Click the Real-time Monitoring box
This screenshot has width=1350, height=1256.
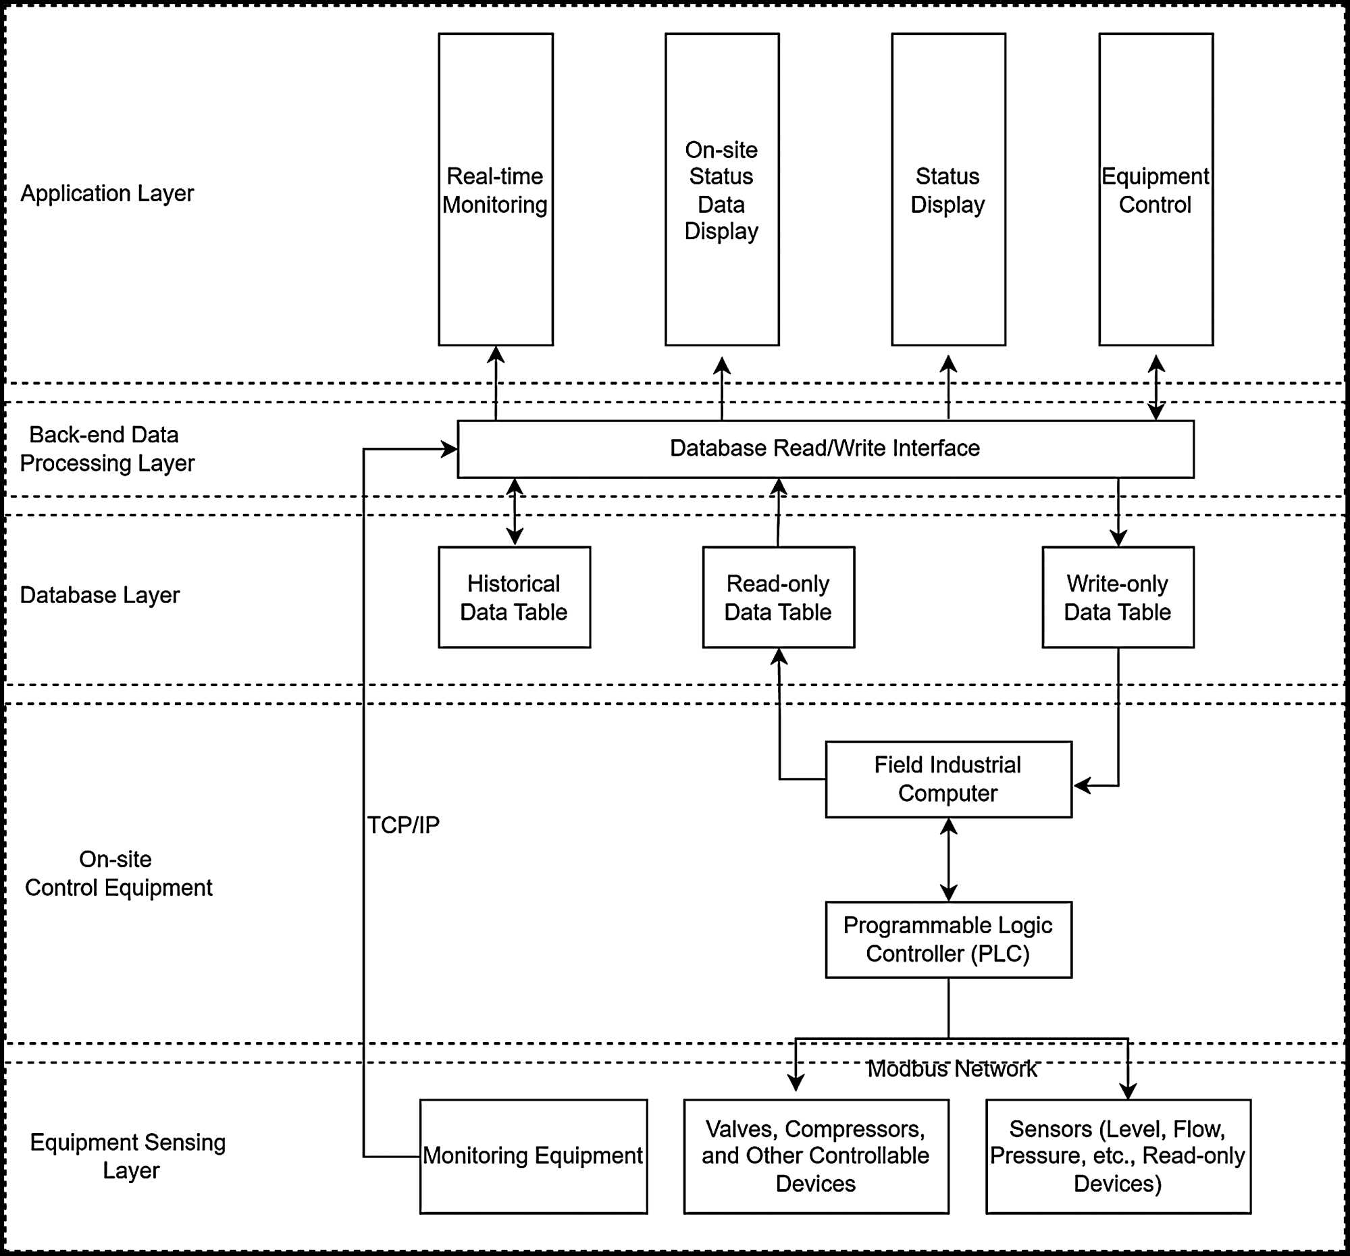(x=495, y=190)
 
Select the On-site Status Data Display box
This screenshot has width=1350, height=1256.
(x=721, y=190)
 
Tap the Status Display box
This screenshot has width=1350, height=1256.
(x=948, y=190)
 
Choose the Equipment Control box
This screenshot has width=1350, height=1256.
(x=1155, y=190)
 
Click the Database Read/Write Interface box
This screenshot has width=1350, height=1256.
(x=825, y=449)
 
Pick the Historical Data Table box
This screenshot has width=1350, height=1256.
(x=514, y=598)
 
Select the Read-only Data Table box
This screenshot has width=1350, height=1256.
(x=778, y=598)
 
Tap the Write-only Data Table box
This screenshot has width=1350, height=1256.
(x=1118, y=598)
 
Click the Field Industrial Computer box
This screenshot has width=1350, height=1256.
(x=948, y=779)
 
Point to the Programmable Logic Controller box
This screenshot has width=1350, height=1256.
(x=948, y=939)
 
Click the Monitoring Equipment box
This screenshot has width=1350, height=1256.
(x=533, y=1155)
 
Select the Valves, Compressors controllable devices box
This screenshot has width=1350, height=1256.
(x=816, y=1155)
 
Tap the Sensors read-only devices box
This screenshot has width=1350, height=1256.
(x=1118, y=1155)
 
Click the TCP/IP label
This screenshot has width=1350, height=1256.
(x=403, y=825)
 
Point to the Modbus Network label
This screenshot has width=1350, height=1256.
(x=952, y=1070)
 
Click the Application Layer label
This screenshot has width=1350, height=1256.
(x=107, y=194)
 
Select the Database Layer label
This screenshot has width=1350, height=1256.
(x=100, y=596)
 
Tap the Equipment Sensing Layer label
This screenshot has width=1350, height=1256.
(x=128, y=1156)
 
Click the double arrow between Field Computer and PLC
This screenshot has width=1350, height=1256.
(x=948, y=860)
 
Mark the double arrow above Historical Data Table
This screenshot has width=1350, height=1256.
(x=515, y=512)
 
